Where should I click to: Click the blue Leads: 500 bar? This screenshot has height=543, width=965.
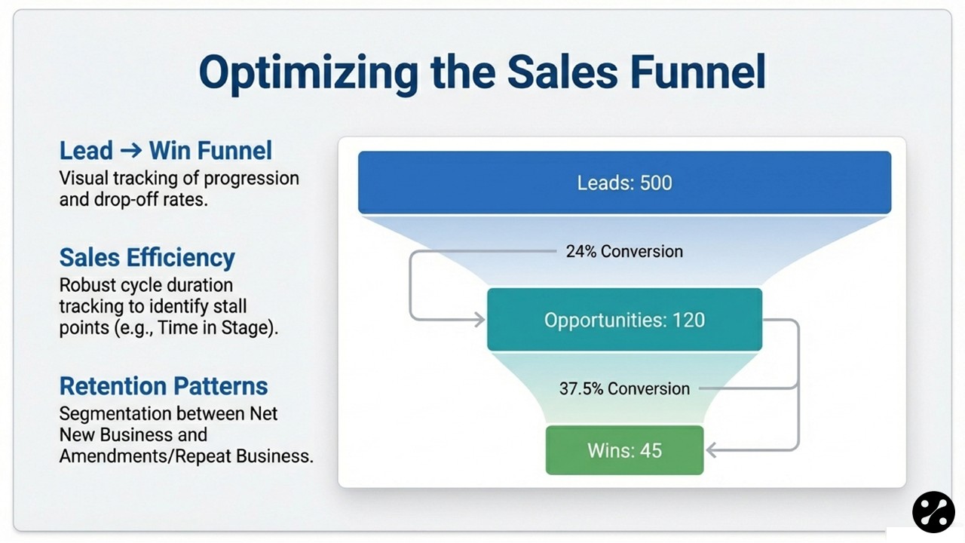coord(624,183)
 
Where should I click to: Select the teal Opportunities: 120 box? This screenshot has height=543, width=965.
coord(624,320)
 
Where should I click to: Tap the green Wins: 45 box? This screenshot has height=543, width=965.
coord(624,450)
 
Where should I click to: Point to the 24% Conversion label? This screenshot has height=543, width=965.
coord(624,251)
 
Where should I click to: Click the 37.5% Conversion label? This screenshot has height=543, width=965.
coord(624,388)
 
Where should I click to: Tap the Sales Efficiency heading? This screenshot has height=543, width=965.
coord(147,257)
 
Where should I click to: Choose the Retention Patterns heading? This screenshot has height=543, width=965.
coord(164,385)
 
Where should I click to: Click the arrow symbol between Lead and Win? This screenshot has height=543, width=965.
coord(130,150)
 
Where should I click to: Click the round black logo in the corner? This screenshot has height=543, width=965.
coord(933,512)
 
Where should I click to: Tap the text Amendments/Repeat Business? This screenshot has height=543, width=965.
coord(186,456)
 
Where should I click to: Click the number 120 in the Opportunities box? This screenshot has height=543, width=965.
coord(689,320)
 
